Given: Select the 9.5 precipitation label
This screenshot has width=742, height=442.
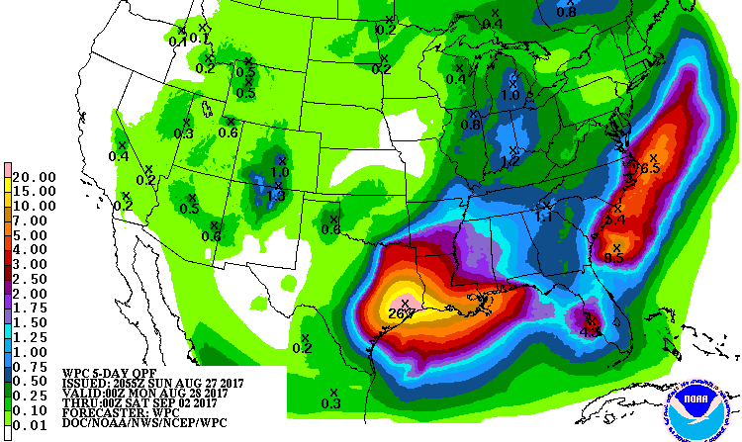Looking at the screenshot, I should (x=613, y=258).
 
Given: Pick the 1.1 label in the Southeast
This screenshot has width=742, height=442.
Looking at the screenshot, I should (x=544, y=217).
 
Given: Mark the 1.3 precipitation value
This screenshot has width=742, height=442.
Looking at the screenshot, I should (x=276, y=196).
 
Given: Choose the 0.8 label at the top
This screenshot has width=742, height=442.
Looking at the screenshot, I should (x=566, y=13).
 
